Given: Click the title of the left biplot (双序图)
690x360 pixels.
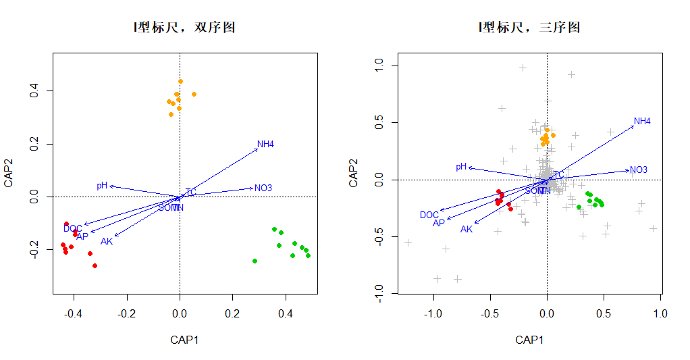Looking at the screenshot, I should point(184,28).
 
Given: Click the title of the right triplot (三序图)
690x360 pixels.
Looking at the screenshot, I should point(529,28).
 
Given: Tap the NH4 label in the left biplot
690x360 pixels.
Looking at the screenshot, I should point(265,144).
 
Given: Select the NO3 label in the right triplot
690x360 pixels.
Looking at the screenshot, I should point(639,170).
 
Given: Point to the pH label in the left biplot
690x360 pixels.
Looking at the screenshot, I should point(102,185).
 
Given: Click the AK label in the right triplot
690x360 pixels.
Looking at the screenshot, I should point(467,229).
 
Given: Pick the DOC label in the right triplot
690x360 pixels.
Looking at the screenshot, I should point(429,215).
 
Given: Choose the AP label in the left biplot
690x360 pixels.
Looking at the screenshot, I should point(82,236).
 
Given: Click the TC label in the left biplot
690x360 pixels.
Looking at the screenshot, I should point(191,192).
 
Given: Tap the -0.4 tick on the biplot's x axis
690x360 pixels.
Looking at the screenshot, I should point(73,314).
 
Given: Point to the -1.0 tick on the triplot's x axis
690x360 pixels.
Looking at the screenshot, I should point(433,314).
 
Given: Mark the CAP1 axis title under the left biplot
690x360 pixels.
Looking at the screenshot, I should point(184,340).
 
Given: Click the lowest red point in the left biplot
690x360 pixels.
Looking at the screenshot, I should point(95,265).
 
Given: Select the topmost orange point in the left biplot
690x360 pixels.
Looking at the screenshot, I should point(180,82).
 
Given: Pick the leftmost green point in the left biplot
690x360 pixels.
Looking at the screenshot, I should point(255,261).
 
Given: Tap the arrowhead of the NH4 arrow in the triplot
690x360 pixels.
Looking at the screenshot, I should point(634,126).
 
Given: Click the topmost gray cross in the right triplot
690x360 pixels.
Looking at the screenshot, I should point(523,68).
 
